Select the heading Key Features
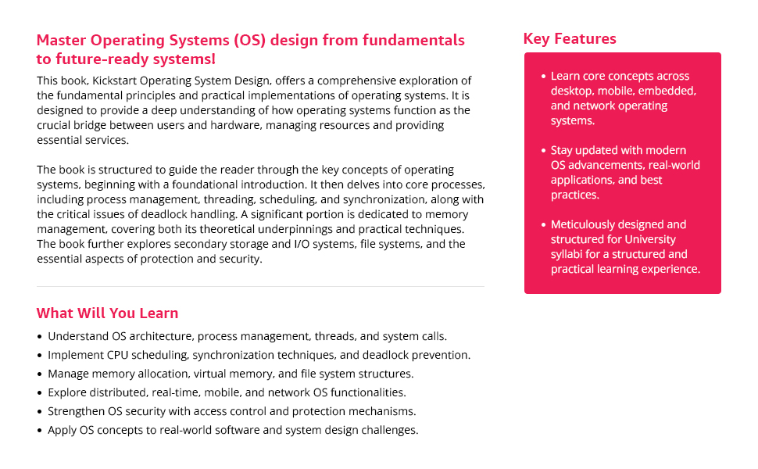(x=570, y=39)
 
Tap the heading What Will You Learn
(x=107, y=313)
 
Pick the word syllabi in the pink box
(x=567, y=254)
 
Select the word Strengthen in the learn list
(x=78, y=411)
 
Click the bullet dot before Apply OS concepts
(x=40, y=431)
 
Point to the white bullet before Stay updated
(x=543, y=150)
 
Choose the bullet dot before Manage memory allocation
(x=40, y=374)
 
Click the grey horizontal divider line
(x=260, y=286)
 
